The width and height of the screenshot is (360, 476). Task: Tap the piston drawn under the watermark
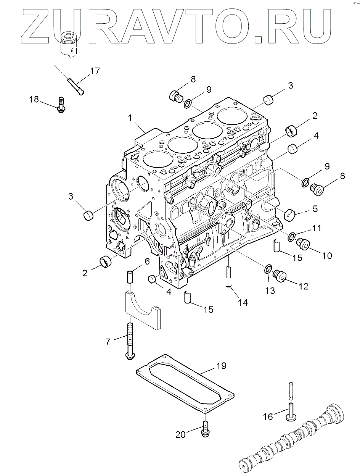click(69, 45)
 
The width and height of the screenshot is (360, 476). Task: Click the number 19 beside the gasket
click(221, 366)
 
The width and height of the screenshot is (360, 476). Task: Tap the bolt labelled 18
click(61, 105)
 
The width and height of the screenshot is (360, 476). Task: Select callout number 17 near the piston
click(95, 71)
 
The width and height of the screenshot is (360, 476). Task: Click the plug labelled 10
click(305, 243)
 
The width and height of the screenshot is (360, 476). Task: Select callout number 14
click(243, 303)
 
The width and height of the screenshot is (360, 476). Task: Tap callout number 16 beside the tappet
click(268, 416)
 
